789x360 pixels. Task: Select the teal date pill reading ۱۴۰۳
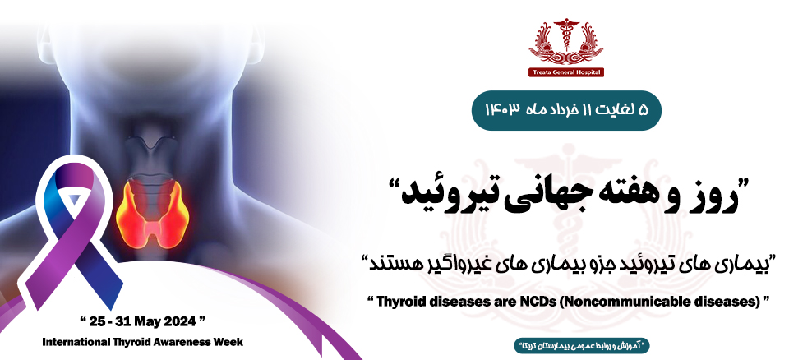[566, 111]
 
